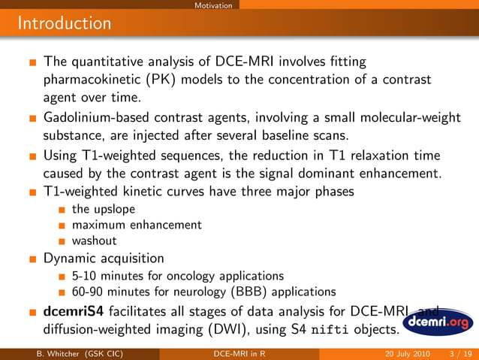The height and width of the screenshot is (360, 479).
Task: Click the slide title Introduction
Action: [65, 23]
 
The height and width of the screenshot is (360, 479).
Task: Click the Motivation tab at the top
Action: [212, 5]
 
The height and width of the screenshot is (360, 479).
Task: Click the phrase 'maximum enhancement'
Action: [137, 225]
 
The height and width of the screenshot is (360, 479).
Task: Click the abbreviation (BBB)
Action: [257, 292]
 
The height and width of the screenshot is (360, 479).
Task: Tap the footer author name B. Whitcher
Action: [50, 354]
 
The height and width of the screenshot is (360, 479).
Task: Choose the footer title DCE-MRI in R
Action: [239, 354]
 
